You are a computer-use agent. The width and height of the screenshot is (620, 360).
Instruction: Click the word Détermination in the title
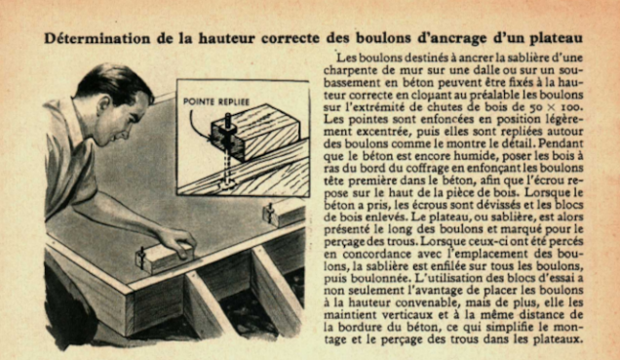[x=97, y=38]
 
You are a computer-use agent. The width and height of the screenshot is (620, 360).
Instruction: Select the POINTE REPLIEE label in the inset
[x=216, y=101]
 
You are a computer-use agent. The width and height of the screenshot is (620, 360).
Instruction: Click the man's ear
[x=104, y=104]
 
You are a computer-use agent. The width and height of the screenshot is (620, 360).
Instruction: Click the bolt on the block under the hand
[x=142, y=258]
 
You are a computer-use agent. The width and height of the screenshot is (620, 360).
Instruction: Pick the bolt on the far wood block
[x=270, y=213]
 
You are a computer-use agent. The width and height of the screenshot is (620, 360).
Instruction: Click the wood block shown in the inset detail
[x=255, y=132]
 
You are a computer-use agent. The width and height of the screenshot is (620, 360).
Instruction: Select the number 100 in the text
[x=572, y=107]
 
